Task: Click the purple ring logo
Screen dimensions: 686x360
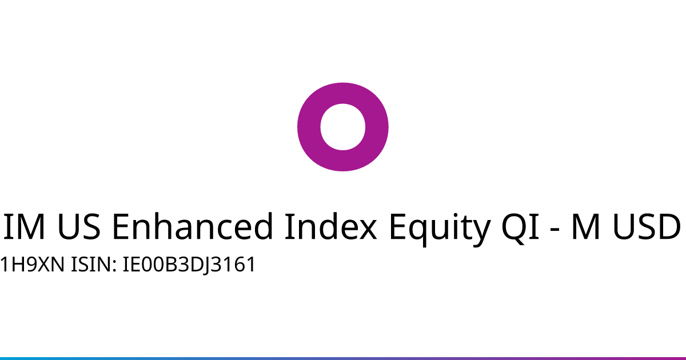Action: click(x=309, y=127)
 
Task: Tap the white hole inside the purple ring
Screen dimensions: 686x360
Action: click(x=342, y=127)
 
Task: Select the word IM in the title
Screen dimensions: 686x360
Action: click(x=25, y=226)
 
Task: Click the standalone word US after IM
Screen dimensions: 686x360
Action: click(x=79, y=226)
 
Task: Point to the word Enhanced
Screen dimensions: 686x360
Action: click(x=193, y=226)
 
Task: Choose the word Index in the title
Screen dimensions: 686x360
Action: click(x=331, y=226)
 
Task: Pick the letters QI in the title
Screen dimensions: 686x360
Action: click(x=520, y=227)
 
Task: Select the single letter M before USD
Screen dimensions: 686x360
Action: click(x=585, y=226)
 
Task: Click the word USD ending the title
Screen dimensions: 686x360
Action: click(x=646, y=226)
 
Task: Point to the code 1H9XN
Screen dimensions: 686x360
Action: click(x=32, y=265)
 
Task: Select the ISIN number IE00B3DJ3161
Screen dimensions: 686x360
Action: click(x=189, y=265)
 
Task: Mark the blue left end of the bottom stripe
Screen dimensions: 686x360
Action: click(x=1, y=358)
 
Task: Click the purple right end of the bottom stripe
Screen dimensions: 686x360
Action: click(x=685, y=358)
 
